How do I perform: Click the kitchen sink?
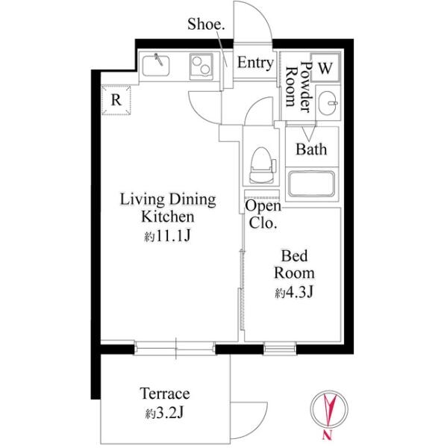(x=156, y=66)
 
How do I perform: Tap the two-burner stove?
(x=201, y=67)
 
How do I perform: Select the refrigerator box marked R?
(x=116, y=100)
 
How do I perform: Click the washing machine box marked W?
(x=325, y=68)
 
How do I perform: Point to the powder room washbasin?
(x=328, y=103)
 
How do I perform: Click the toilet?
(x=262, y=166)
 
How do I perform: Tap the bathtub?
(x=311, y=184)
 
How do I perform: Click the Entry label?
(x=255, y=63)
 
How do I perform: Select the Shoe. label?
(x=206, y=25)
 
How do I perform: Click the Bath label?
(x=311, y=149)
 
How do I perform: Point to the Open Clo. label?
(x=263, y=214)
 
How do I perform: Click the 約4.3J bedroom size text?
(x=294, y=292)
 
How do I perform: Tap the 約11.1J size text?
(x=168, y=235)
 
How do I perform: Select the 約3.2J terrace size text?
(x=164, y=413)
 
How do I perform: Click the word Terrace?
(x=165, y=393)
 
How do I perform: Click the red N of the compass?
(x=328, y=435)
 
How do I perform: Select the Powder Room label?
(x=298, y=87)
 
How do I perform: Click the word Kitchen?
(x=168, y=217)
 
